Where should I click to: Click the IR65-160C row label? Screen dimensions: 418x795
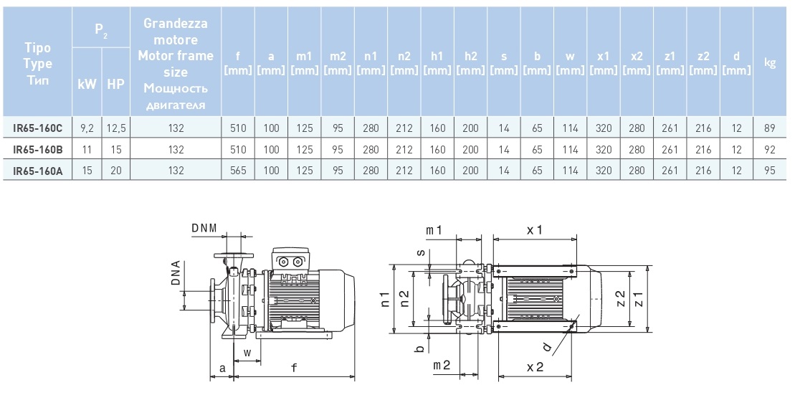[x=38, y=128]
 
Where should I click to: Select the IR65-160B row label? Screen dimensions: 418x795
[x=38, y=150]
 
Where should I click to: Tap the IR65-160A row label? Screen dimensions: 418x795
[x=38, y=171]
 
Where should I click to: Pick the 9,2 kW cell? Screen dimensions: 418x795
[x=87, y=128]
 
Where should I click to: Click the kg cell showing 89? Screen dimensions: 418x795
[x=771, y=128]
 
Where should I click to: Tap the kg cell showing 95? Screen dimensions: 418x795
[x=771, y=171]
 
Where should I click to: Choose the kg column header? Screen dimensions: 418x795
[x=771, y=62]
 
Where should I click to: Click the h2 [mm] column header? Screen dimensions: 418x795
[x=471, y=62]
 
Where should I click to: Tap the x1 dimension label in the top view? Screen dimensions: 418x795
[x=534, y=229]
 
